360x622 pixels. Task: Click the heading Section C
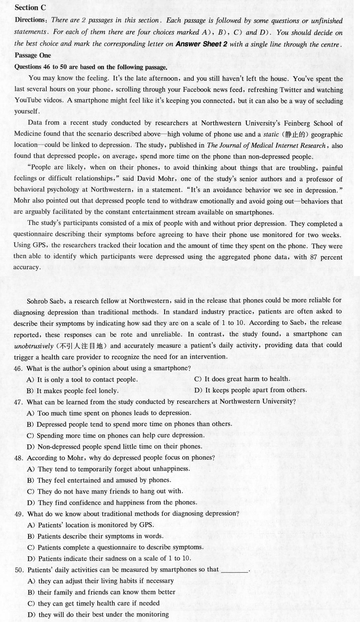tap(30, 8)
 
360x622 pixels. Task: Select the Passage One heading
tap(33, 55)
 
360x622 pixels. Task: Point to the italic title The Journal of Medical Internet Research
tap(266, 145)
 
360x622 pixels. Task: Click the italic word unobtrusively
tap(33, 346)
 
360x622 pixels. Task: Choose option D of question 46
tap(251, 390)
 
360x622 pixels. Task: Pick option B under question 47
tap(129, 424)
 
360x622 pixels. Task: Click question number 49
tap(19, 514)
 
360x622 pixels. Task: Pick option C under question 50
tap(94, 603)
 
